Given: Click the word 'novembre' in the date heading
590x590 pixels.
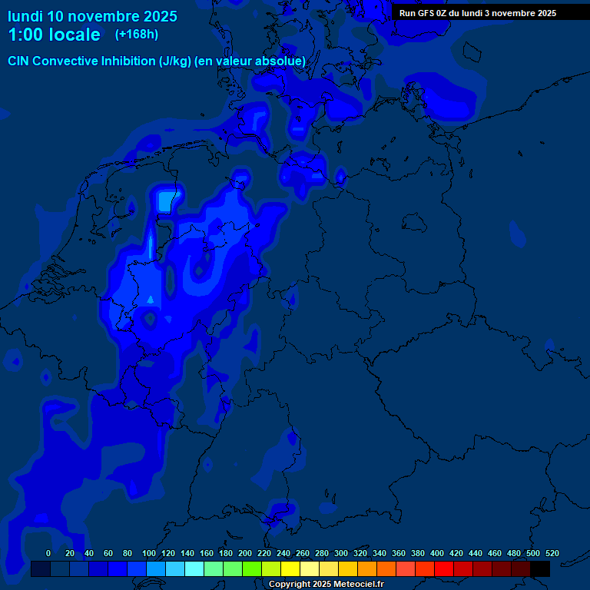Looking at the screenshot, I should tap(104, 16).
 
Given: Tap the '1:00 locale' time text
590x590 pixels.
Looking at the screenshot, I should tap(54, 35).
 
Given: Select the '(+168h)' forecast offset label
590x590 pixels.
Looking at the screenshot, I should tap(137, 35).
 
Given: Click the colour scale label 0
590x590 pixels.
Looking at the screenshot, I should tap(48, 553).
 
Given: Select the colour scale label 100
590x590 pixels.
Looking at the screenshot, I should tap(149, 553).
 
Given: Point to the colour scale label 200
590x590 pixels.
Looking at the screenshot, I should tap(245, 553).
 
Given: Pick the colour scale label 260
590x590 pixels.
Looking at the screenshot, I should tap(303, 553).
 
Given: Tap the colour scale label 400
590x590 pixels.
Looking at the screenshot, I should tap(437, 553).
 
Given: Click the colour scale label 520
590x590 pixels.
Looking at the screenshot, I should tap(552, 553).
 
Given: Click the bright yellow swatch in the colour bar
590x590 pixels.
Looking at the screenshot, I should tap(290, 569).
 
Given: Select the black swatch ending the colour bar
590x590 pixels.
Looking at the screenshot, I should tap(539, 569).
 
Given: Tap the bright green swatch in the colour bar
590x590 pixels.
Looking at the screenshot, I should tap(251, 569).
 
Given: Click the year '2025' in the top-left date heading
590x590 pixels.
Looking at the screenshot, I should tap(157, 16).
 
